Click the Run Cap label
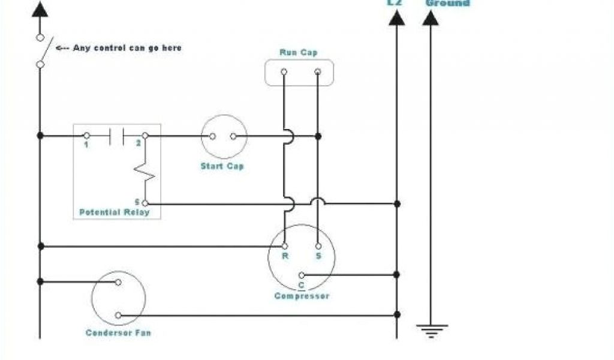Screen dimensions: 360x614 (299, 53)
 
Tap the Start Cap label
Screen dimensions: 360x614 (222, 166)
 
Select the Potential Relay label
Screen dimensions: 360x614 (114, 212)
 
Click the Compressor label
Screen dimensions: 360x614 (302, 296)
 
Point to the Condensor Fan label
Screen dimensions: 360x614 (118, 332)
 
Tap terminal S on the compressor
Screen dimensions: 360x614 (318, 246)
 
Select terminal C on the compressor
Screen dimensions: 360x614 (301, 275)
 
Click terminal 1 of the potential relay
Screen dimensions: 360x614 (86, 136)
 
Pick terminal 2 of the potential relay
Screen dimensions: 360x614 (145, 136)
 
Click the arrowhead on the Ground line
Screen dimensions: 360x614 (430, 18)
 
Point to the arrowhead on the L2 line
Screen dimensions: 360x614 (396, 18)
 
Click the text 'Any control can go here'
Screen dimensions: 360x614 (127, 48)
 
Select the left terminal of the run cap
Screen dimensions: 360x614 (284, 72)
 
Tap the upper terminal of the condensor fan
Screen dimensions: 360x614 (118, 282)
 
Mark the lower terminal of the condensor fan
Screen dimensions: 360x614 (118, 316)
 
